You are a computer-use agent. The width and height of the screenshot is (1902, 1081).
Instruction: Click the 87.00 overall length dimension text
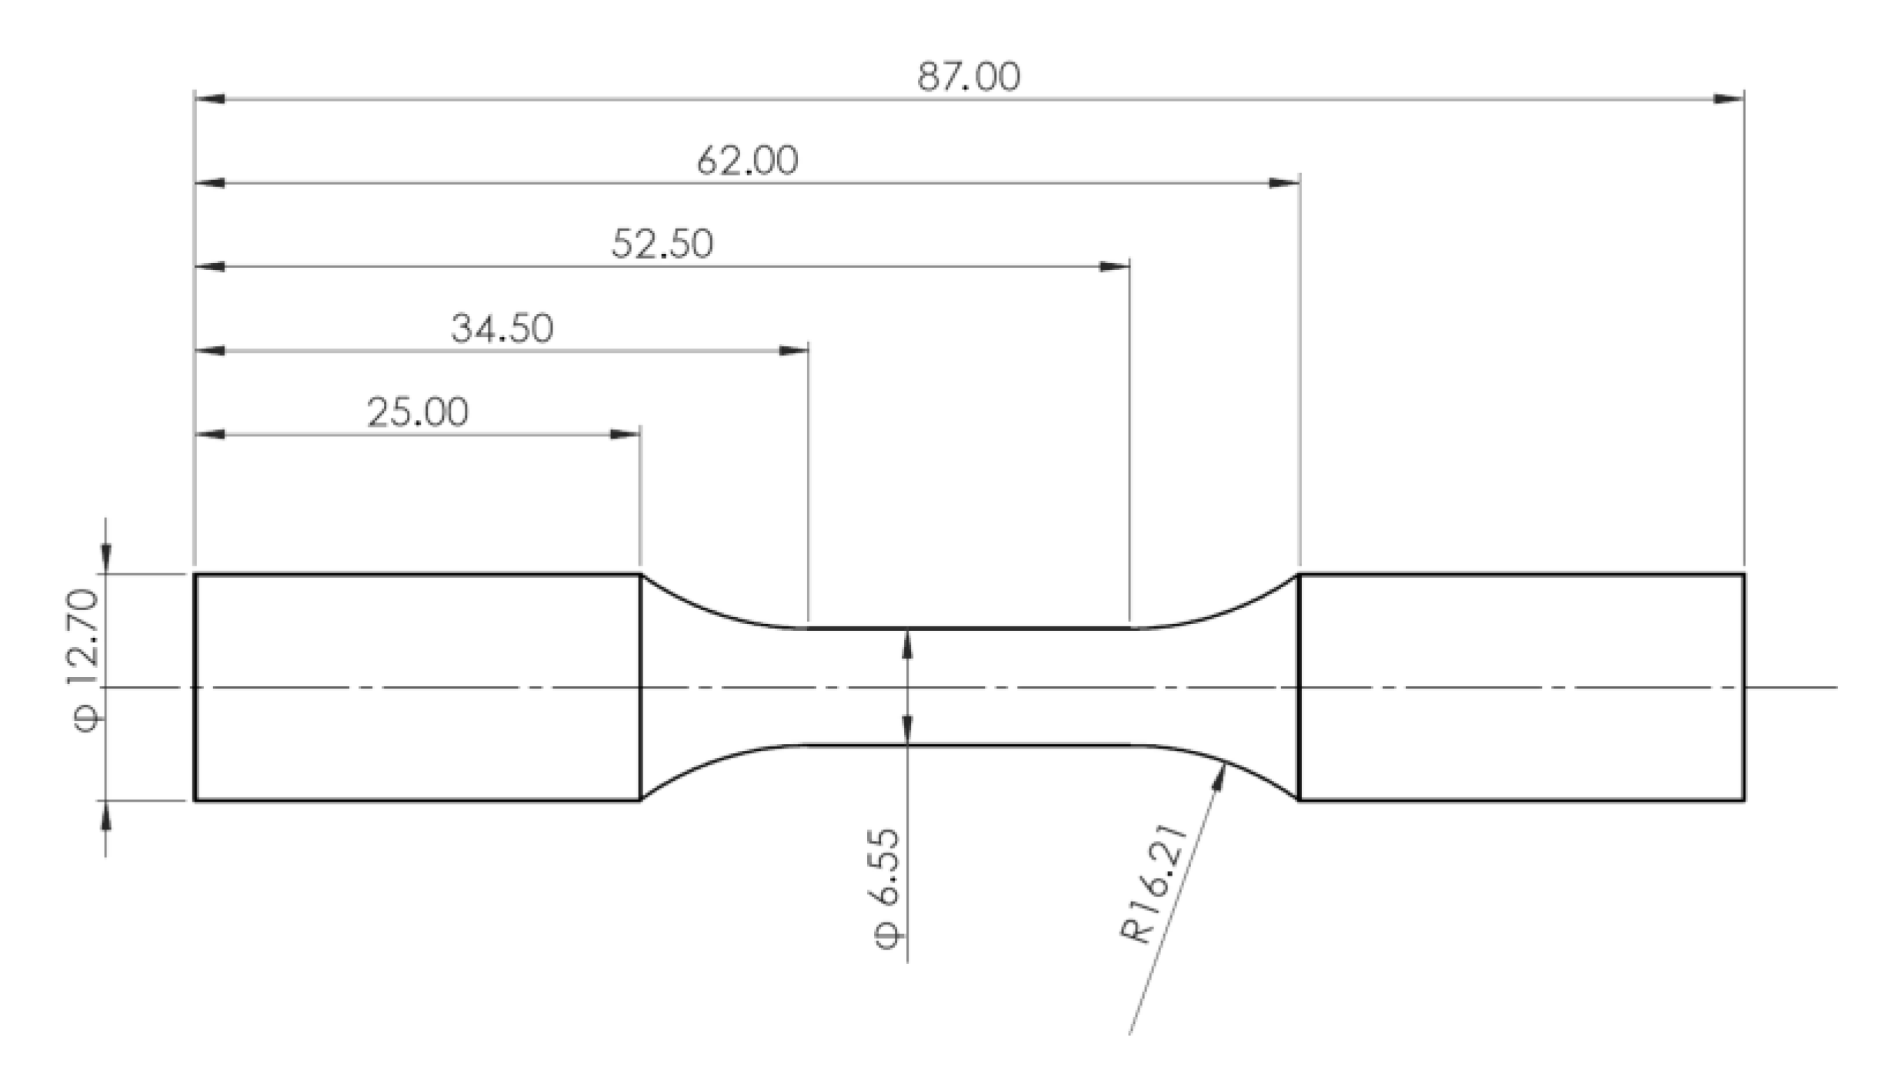point(969,77)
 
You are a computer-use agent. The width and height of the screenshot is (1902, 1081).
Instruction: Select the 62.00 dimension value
point(747,161)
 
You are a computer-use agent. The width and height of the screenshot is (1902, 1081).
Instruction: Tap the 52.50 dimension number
point(662,244)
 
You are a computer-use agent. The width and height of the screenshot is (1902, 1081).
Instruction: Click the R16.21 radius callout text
point(1153,885)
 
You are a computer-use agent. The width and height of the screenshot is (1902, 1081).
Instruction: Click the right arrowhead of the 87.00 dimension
point(1728,98)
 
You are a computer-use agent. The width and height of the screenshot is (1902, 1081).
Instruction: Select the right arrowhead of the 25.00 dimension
point(625,434)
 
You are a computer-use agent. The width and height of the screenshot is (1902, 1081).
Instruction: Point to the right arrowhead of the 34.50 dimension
point(793,351)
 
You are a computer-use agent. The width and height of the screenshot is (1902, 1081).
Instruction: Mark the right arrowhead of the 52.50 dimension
point(1114,267)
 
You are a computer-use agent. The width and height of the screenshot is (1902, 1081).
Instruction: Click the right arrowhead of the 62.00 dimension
point(1284,183)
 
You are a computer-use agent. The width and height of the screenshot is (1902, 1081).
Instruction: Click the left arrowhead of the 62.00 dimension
point(211,183)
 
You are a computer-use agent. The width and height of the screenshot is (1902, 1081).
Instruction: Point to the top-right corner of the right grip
point(1743,574)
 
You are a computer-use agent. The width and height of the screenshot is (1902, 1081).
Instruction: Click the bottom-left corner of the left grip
point(195,800)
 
